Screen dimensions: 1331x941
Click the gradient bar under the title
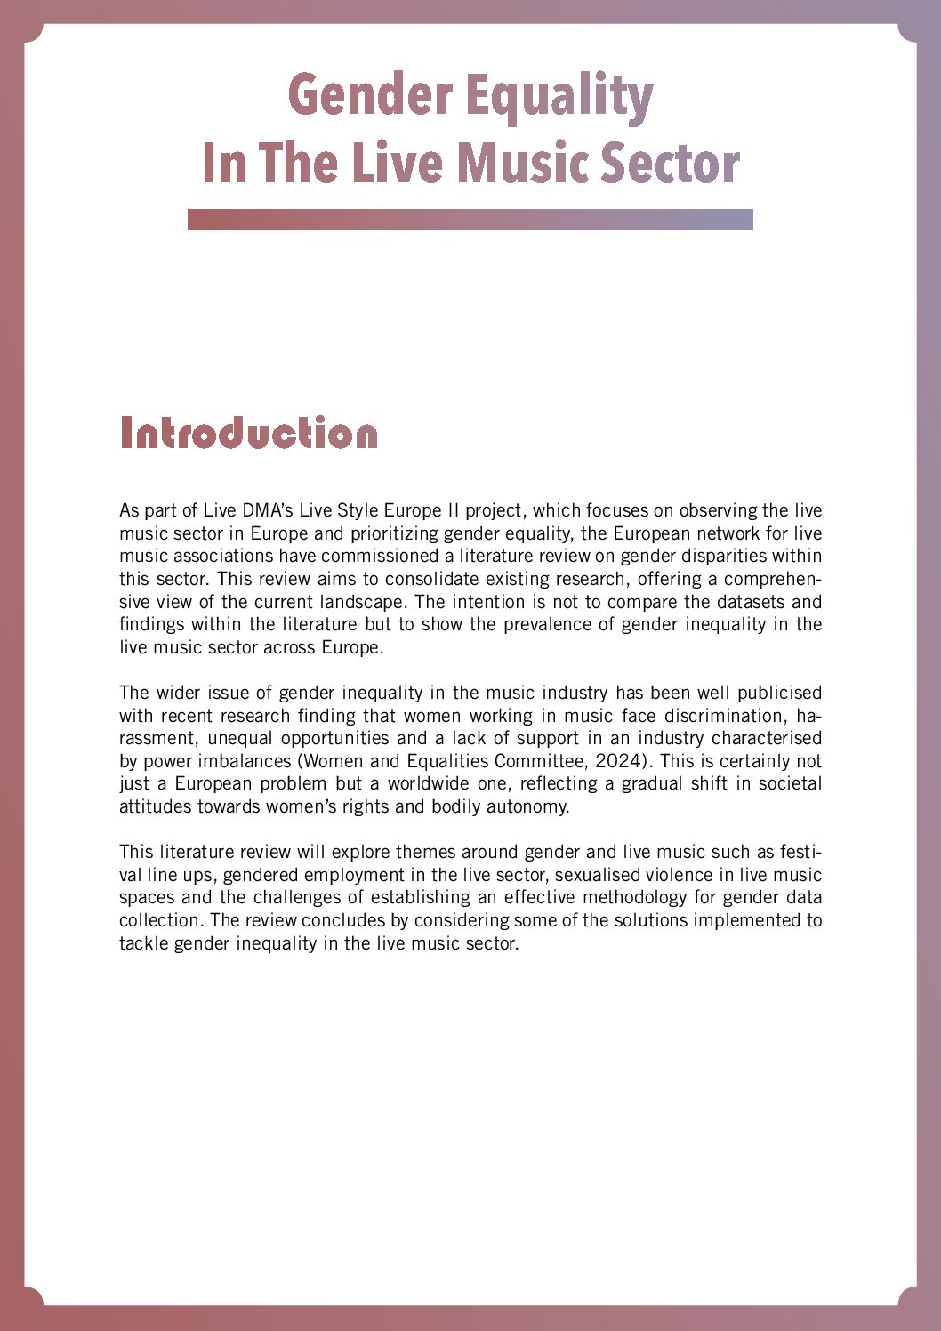click(470, 220)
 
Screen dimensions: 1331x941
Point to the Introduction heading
click(249, 433)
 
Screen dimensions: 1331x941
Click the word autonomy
click(527, 806)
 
